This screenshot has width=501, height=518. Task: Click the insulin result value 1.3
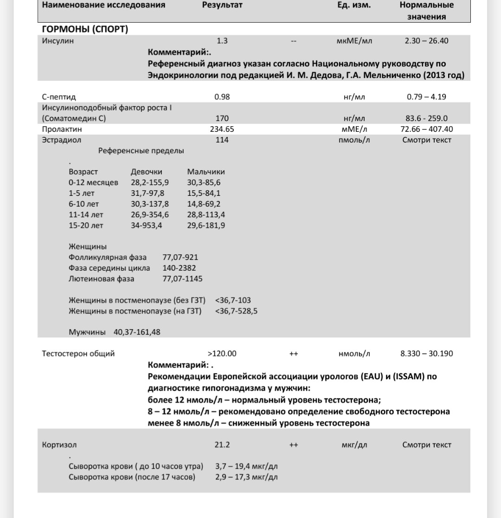click(222, 41)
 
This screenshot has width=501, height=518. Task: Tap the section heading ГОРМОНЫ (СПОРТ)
click(85, 29)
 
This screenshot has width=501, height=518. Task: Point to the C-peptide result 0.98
click(222, 97)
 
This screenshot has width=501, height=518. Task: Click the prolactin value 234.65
click(222, 129)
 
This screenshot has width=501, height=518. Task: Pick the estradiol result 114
click(222, 140)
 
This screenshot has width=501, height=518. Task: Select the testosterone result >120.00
click(222, 354)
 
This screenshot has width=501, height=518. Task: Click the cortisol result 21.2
click(222, 445)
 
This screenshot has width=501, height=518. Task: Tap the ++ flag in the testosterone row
click(293, 354)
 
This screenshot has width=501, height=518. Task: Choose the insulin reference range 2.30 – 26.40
click(426, 41)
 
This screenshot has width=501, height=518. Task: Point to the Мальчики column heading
click(206, 172)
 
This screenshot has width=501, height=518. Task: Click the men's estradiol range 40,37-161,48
click(138, 332)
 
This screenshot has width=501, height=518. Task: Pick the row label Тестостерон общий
click(78, 354)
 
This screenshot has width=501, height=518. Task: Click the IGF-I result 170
click(222, 118)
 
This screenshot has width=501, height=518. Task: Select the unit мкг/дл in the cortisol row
click(354, 445)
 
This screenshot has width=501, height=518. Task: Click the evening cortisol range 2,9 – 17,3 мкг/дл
click(246, 477)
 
